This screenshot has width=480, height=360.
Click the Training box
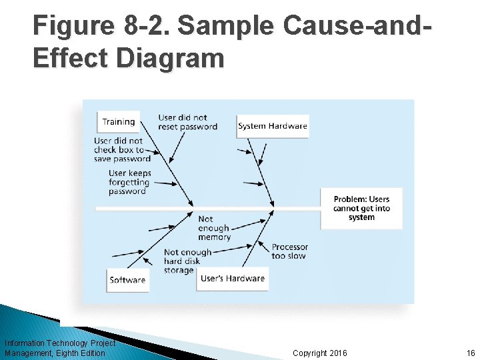pos(119,122)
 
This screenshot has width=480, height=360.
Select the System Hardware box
pos(273,126)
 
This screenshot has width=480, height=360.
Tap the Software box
pos(127,280)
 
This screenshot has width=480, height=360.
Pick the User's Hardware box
pos(233,279)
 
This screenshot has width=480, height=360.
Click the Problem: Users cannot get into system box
pos(361,209)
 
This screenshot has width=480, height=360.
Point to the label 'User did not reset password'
pos(187,123)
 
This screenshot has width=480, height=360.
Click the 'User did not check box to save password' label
pos(122,150)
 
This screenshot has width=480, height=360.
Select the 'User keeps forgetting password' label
pos(130,182)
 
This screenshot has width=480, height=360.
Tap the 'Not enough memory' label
pos(213,228)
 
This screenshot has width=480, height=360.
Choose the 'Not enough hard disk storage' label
pos(187,261)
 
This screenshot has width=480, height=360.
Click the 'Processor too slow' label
pos(289,251)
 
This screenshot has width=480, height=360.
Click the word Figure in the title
pos(73,27)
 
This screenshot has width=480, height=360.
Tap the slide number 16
pos(471,353)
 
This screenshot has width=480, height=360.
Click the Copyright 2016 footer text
pos(320,353)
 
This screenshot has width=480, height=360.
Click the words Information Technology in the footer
pos(47,343)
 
